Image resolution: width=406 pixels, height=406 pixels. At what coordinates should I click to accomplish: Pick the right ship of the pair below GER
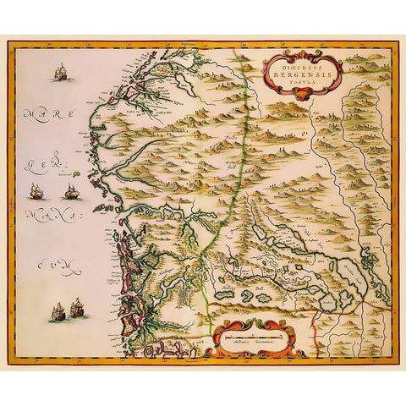click(73, 192)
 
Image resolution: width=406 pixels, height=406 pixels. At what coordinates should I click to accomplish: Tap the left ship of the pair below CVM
click(59, 310)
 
